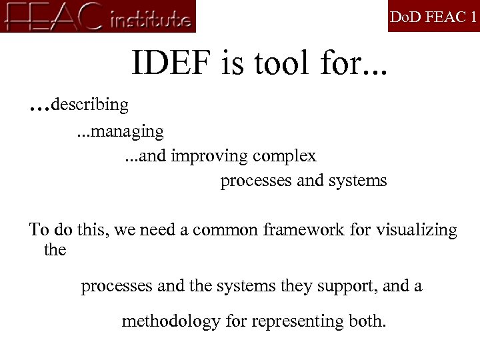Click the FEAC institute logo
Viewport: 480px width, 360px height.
[99, 17]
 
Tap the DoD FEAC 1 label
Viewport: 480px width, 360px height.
[433, 17]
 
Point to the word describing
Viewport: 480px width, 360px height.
[90, 105]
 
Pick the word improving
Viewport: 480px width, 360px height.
[209, 156]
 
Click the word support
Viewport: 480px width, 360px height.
[347, 287]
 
